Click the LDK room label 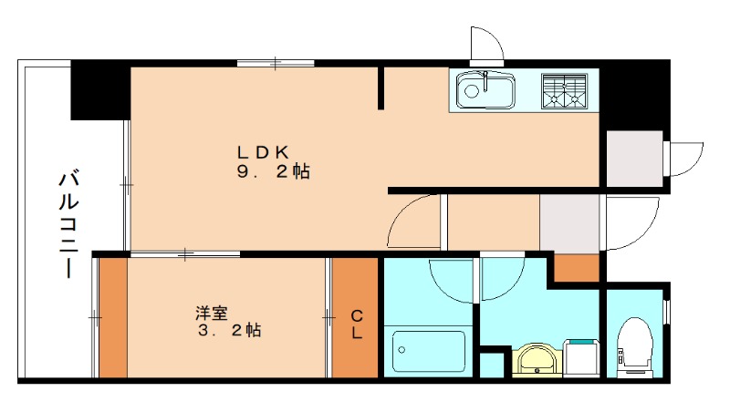coord(263,152)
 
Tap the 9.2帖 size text coord(273,172)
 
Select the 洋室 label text coord(212,313)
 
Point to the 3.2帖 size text coord(229,331)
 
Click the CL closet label coord(357,324)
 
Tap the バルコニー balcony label coord(68,224)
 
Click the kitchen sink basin coord(485,90)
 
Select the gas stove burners coord(564,91)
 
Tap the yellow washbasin coord(537,359)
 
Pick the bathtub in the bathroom coord(428,352)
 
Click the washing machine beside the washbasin coord(581,357)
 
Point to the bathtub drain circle coord(401,350)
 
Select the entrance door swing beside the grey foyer coord(631,222)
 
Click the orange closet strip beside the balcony coord(113,317)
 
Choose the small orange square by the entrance coord(577,267)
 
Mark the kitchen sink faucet coord(485,81)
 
